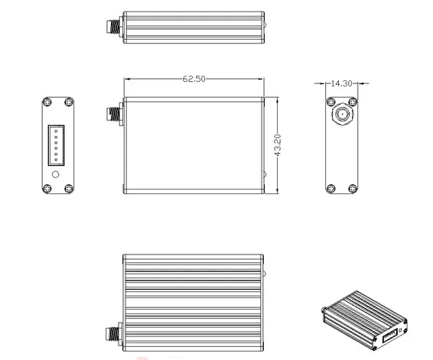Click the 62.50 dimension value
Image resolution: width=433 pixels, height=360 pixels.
pos(194,79)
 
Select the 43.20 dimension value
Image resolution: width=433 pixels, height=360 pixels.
pos(278,145)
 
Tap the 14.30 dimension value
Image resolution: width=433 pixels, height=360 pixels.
pos(341,83)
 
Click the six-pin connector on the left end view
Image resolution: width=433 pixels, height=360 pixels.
pos(57,145)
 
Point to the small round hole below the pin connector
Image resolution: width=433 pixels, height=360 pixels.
pos(56,174)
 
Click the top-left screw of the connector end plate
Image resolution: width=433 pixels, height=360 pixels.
pos(47,102)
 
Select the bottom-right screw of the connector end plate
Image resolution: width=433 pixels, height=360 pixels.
pos(69,189)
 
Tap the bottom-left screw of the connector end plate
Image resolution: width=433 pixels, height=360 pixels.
pos(47,189)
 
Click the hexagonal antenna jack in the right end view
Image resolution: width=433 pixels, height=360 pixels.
pos(342,114)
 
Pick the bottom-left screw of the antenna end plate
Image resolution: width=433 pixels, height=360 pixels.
pos(330,189)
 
